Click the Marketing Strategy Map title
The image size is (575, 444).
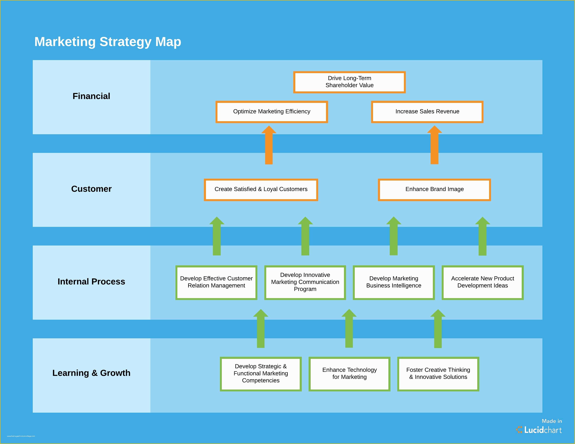[108, 42]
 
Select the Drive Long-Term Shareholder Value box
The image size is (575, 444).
[349, 82]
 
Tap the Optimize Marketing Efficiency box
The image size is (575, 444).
[271, 112]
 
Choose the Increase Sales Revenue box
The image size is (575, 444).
[427, 112]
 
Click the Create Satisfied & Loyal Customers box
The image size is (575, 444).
[261, 189]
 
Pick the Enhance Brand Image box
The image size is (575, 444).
[434, 189]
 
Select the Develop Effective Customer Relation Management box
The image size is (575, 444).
[216, 282]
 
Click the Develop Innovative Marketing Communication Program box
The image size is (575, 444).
[305, 282]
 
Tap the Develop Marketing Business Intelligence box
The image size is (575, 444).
[394, 282]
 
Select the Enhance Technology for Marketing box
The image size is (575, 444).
[349, 373]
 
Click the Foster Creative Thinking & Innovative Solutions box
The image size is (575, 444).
[438, 373]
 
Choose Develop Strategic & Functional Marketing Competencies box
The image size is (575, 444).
[261, 373]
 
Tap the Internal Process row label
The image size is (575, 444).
[91, 282]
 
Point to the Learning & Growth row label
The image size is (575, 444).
[91, 373]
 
